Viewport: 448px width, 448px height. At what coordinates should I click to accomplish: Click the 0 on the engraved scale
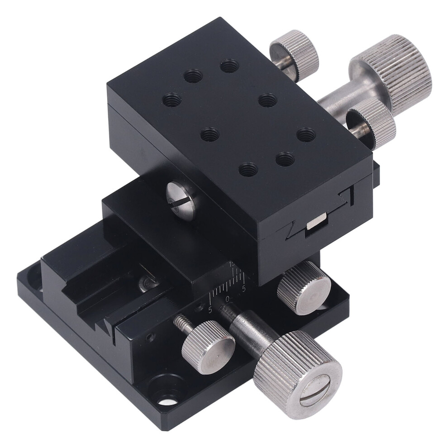click(228, 299)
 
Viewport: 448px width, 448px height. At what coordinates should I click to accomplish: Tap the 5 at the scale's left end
click(210, 310)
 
